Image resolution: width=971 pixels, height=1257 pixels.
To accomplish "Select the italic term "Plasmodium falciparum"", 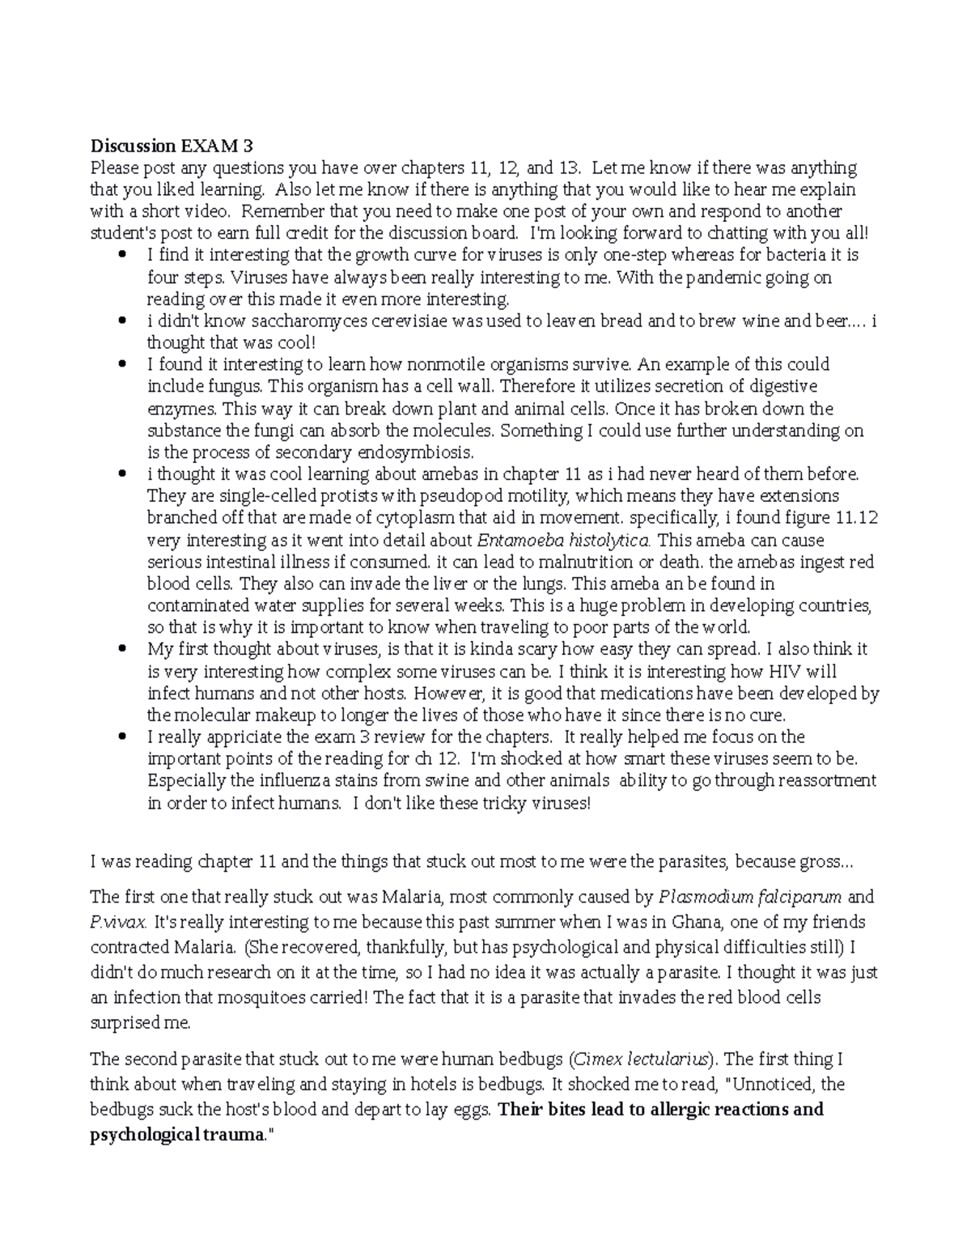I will click(751, 897).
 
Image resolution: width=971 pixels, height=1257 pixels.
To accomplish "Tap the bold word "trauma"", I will click(236, 1135).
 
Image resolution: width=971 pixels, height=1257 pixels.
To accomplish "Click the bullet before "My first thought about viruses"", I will click(123, 650).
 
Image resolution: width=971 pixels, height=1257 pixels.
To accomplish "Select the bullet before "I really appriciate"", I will click(123, 737).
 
